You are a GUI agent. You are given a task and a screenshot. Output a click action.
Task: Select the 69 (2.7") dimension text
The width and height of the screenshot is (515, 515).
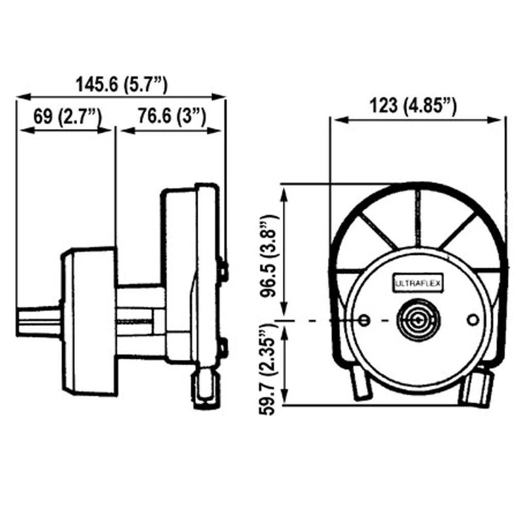(x=65, y=117)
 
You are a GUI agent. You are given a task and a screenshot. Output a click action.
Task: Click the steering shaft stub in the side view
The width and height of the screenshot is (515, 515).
(x=39, y=320)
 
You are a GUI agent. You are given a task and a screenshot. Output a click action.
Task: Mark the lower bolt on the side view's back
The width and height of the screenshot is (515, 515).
(x=224, y=348)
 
